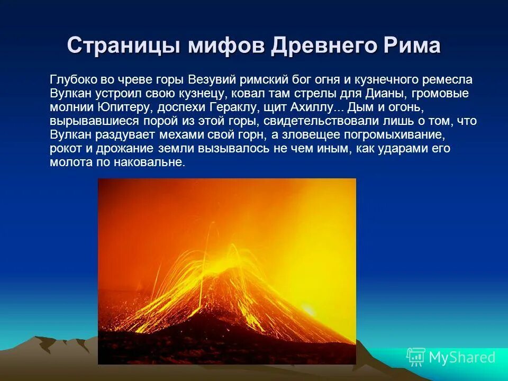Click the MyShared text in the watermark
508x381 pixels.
click(462, 357)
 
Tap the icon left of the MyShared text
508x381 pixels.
click(416, 357)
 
